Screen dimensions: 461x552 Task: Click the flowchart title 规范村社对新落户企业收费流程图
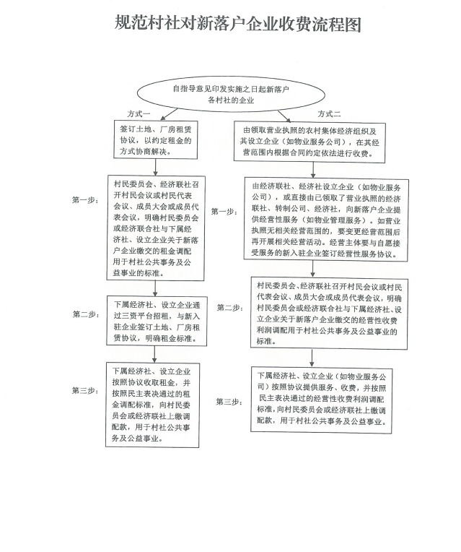(x=237, y=24)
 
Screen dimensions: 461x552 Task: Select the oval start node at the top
(x=231, y=95)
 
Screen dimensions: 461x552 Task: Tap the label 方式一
(x=139, y=113)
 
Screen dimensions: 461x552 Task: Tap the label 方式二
(x=329, y=113)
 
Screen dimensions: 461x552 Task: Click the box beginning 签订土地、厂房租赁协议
(x=155, y=139)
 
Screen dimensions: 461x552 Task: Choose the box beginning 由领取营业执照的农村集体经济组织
(x=309, y=142)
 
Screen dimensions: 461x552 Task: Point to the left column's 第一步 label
(x=85, y=200)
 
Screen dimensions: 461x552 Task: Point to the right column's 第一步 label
(x=224, y=212)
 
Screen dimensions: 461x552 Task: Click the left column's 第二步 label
(x=86, y=314)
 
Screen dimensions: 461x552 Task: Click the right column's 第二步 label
(x=230, y=308)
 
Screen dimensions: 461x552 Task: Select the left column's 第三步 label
(x=85, y=391)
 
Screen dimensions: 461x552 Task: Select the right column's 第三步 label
(x=229, y=402)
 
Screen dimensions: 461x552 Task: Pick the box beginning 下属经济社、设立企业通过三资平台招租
(x=157, y=321)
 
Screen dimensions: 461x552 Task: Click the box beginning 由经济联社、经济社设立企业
(x=326, y=220)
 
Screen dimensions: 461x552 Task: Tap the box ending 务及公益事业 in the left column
(x=152, y=405)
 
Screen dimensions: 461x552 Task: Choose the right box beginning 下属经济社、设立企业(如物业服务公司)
(x=321, y=400)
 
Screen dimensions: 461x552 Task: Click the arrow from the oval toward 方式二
(x=284, y=116)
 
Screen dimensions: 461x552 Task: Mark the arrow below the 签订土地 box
(x=155, y=167)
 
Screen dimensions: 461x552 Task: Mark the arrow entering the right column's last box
(x=312, y=358)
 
